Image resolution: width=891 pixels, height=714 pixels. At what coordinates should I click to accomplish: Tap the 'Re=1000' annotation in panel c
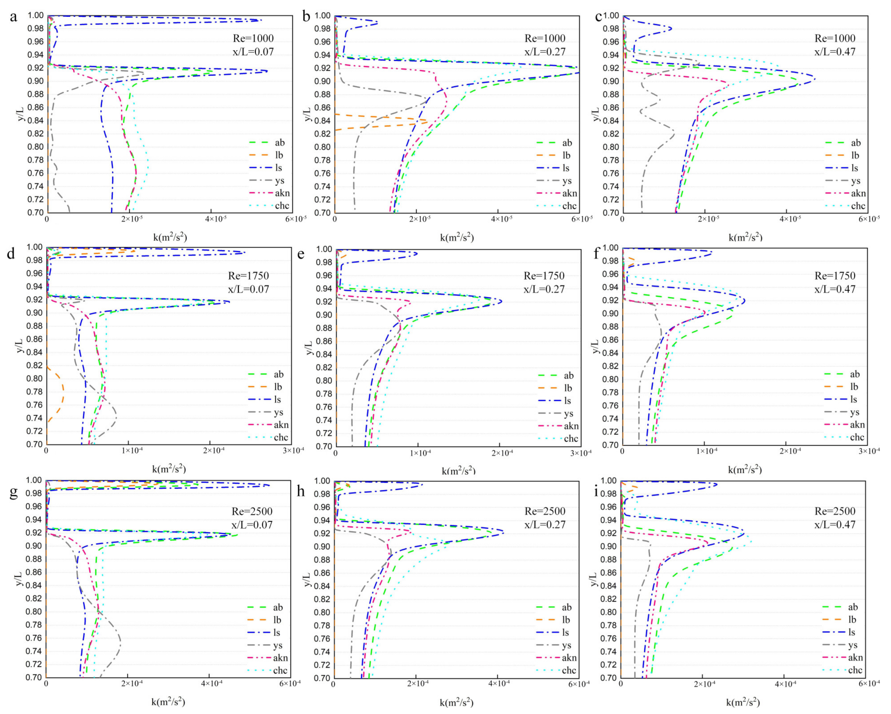tap(835, 38)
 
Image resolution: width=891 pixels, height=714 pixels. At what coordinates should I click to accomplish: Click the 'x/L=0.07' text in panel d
tap(248, 289)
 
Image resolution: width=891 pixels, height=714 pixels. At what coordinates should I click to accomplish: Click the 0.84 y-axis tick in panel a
tap(36, 120)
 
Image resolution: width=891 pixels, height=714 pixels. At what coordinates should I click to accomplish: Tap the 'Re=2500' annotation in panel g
tap(252, 511)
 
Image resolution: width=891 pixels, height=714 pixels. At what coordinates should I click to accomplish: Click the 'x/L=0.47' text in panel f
tap(835, 289)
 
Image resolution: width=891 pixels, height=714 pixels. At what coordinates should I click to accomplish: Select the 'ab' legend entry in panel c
tap(855, 143)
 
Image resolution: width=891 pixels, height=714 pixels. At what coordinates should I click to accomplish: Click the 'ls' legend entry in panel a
tap(278, 168)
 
